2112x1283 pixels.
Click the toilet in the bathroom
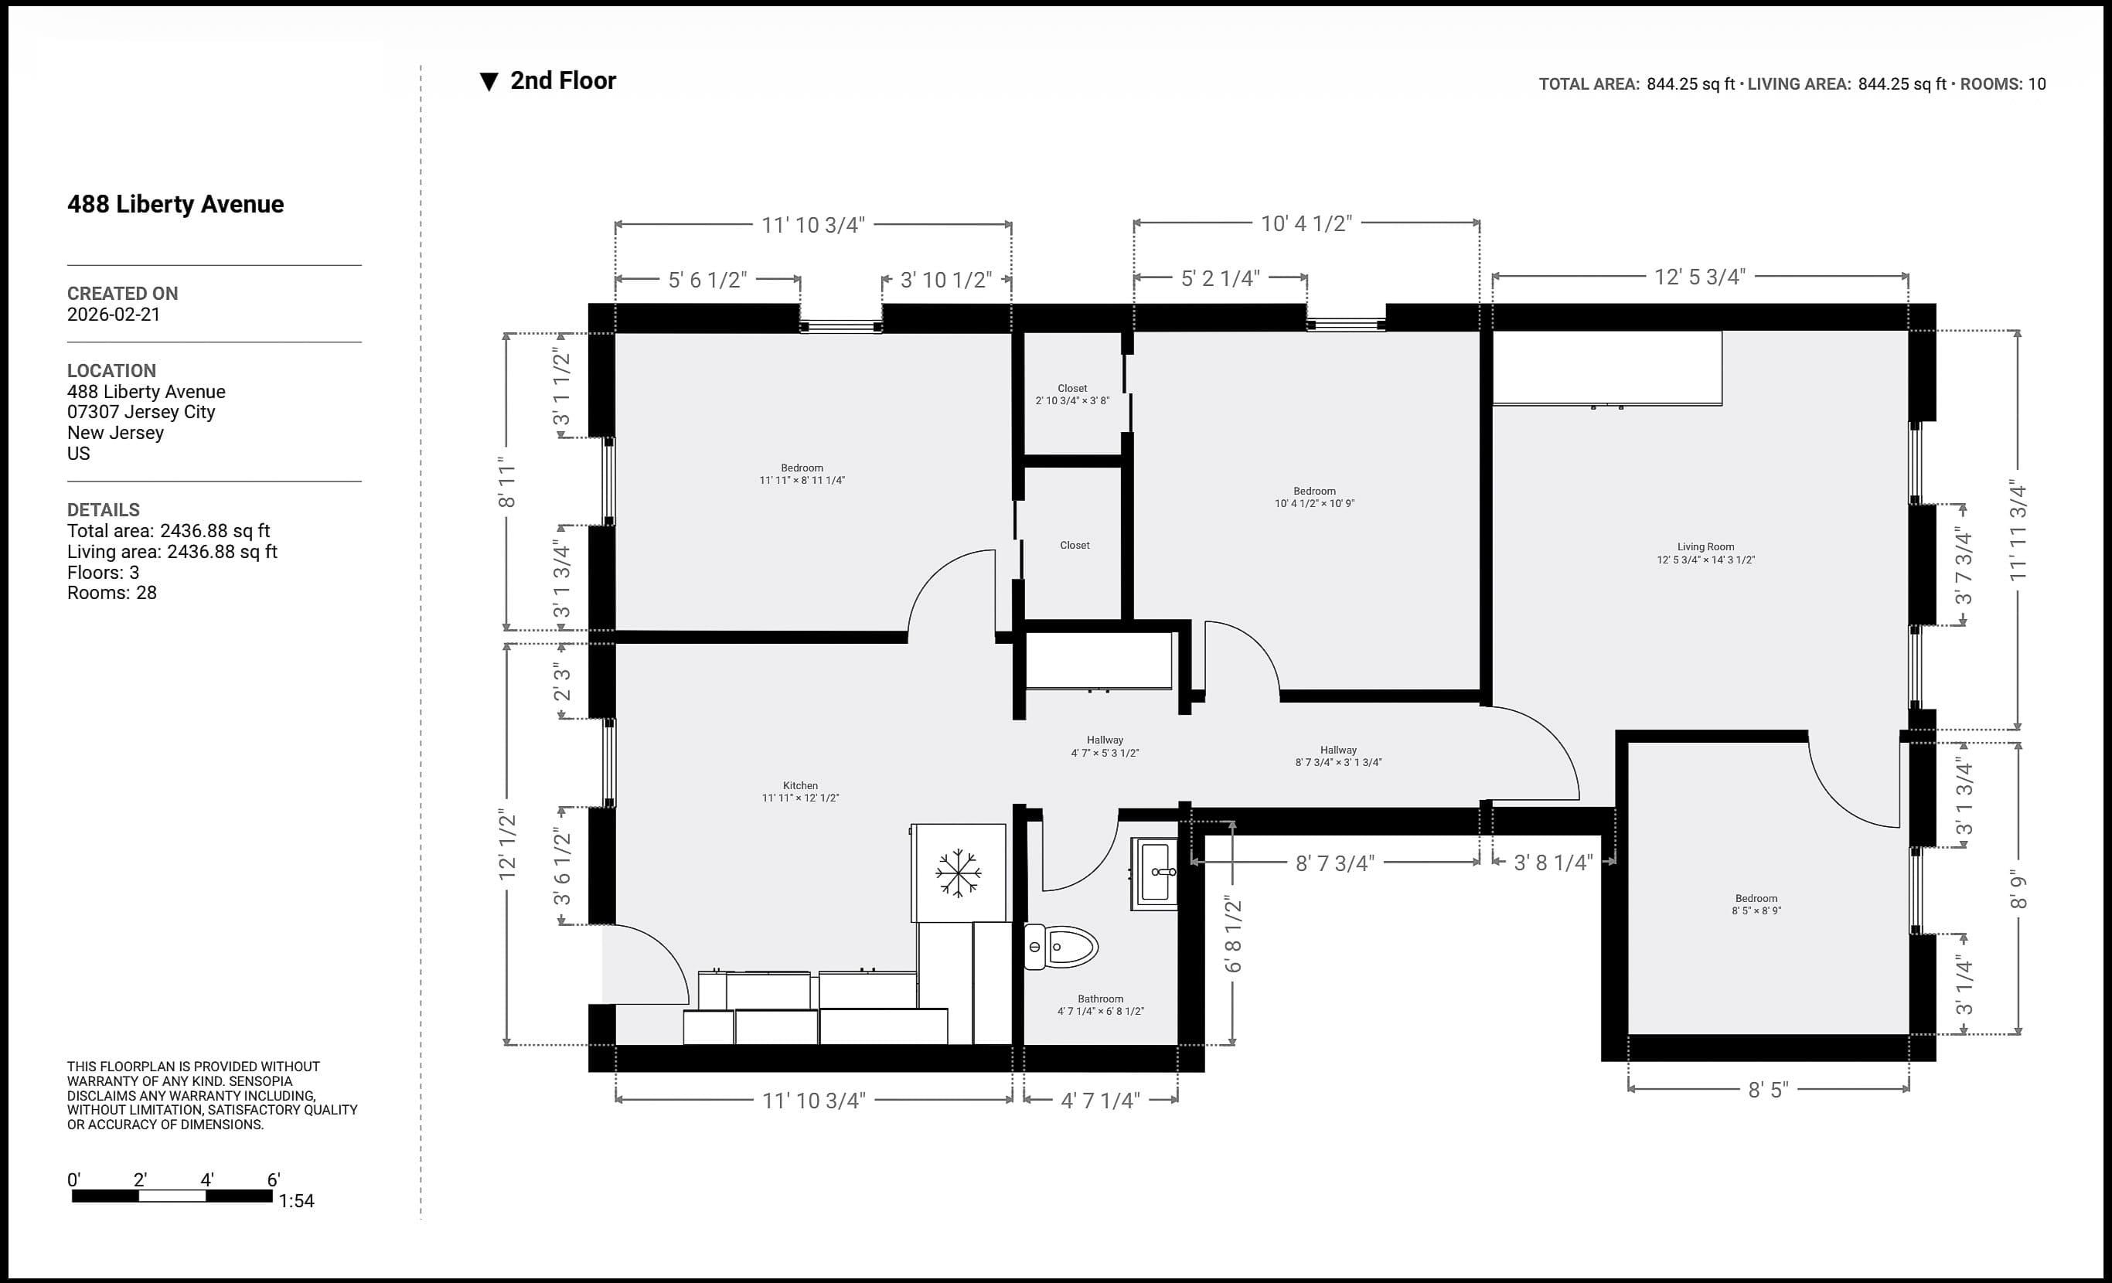(x=1061, y=947)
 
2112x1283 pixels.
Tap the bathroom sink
(x=1155, y=873)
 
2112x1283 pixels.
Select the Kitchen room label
(x=801, y=792)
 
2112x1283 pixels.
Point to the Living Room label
(x=1705, y=553)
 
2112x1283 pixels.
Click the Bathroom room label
(x=1101, y=1006)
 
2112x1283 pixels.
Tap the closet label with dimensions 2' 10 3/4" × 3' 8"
(x=1072, y=394)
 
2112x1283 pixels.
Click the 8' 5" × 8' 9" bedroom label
(x=1756, y=904)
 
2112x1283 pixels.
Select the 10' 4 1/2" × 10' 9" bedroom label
(x=1315, y=497)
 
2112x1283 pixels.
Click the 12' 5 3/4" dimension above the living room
(x=1700, y=277)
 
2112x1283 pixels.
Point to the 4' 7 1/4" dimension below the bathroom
(x=1101, y=1101)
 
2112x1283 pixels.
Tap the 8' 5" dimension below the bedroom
(x=1768, y=1089)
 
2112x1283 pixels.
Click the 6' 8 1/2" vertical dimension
(x=1232, y=934)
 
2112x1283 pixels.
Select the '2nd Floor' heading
(x=563, y=80)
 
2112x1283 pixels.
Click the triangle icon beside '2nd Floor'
(x=489, y=82)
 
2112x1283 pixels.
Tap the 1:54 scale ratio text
(x=297, y=1202)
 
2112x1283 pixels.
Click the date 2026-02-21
(x=114, y=315)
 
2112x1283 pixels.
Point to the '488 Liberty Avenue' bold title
(x=175, y=204)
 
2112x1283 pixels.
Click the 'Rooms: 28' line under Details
(x=112, y=593)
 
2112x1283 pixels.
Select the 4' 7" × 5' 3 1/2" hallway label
(x=1105, y=747)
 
